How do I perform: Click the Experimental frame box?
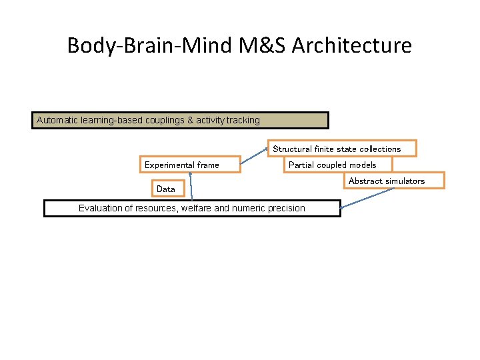pyautogui.click(x=182, y=165)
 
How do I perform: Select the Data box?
pyautogui.click(x=166, y=189)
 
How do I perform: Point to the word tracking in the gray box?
pyautogui.click(x=243, y=120)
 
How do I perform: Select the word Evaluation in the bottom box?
pyautogui.click(x=101, y=208)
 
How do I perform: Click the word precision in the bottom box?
pyautogui.click(x=285, y=208)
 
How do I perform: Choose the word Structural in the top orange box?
pyautogui.click(x=293, y=149)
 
